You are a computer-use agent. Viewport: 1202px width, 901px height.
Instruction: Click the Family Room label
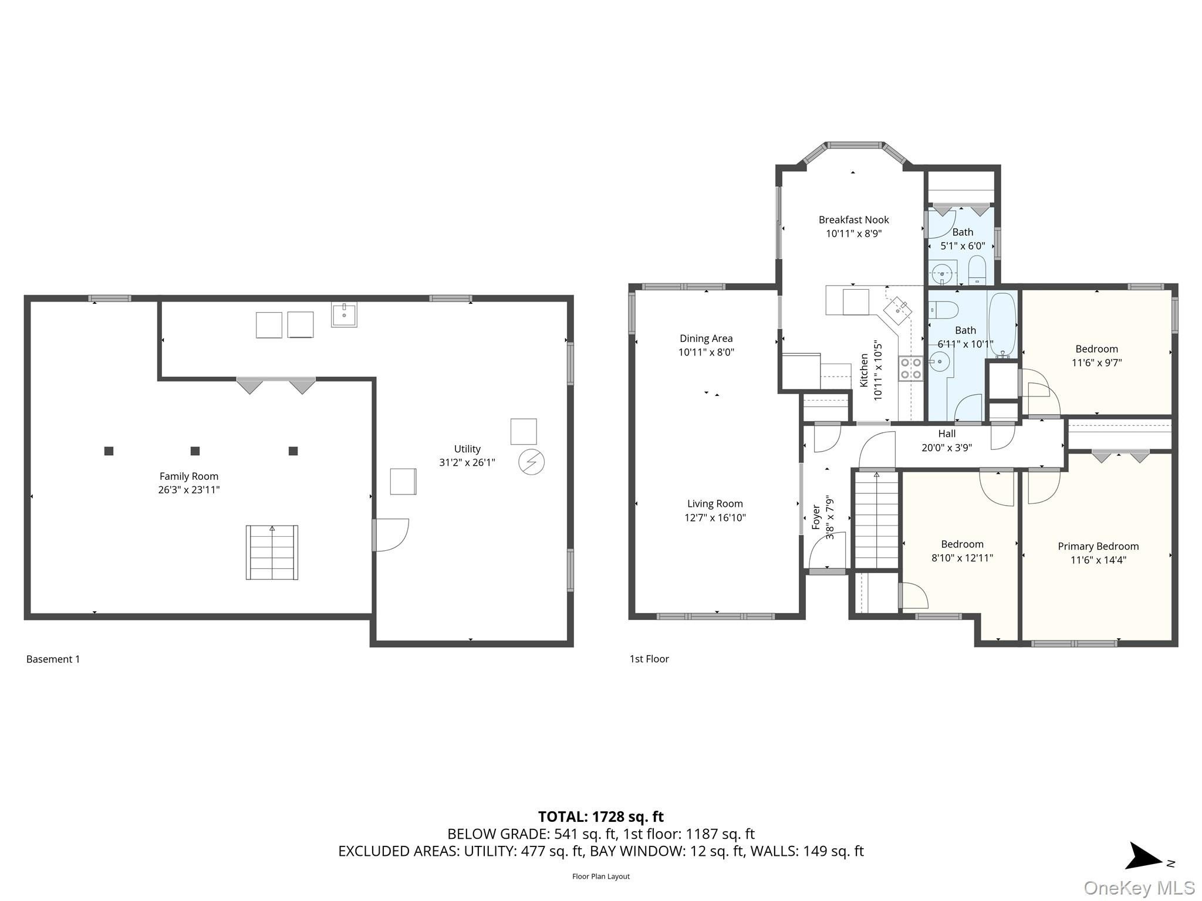pyautogui.click(x=188, y=476)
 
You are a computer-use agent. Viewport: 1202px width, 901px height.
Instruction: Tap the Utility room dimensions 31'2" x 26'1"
pyautogui.click(x=467, y=462)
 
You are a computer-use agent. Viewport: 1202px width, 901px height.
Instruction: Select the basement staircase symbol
pyautogui.click(x=272, y=552)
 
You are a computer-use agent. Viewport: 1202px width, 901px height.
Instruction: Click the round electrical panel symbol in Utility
pyautogui.click(x=531, y=462)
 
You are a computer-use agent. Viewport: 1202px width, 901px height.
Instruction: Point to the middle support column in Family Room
pyautogui.click(x=195, y=451)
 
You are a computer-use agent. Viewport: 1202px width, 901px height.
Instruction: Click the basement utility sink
pyautogui.click(x=344, y=314)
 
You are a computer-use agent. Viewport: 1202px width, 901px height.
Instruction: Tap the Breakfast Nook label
pyautogui.click(x=854, y=220)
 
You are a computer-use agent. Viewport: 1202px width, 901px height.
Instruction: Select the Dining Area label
pyautogui.click(x=706, y=338)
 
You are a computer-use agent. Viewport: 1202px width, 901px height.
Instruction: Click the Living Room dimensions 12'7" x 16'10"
pyautogui.click(x=715, y=517)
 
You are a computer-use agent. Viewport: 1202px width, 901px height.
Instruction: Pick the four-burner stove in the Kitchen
pyautogui.click(x=910, y=368)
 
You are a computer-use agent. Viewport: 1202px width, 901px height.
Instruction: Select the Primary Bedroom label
pyautogui.click(x=1098, y=546)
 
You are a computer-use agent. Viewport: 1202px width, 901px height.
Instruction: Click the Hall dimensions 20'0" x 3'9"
pyautogui.click(x=947, y=448)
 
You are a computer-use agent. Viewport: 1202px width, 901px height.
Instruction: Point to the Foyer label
pyautogui.click(x=816, y=517)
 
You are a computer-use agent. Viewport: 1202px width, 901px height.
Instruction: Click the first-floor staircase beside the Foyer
pyautogui.click(x=876, y=520)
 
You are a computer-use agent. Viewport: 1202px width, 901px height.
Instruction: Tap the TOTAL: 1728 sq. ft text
pyautogui.click(x=601, y=816)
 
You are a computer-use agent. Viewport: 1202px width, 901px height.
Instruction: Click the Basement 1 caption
pyautogui.click(x=53, y=659)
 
